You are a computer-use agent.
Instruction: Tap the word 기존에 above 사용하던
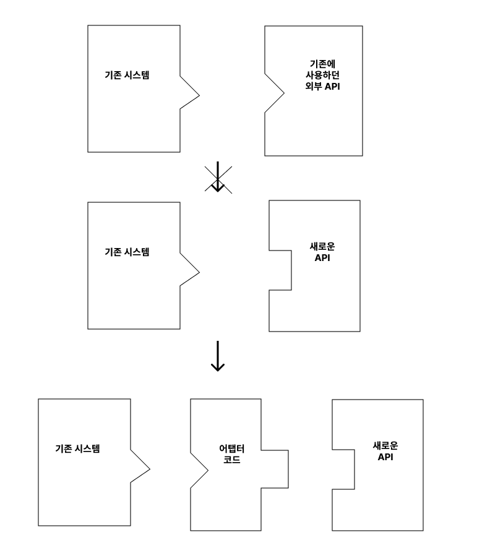325,64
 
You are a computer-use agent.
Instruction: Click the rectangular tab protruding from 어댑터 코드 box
274,469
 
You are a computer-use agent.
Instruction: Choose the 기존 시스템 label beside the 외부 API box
127,75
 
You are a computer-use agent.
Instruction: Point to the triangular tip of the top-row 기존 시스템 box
190,95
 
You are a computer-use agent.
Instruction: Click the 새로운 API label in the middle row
322,252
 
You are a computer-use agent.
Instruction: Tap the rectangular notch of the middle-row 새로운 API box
280,270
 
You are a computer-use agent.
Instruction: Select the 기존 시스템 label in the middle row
127,252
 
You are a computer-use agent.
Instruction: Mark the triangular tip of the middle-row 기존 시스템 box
190,272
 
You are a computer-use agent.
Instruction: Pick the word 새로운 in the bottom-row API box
385,445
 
